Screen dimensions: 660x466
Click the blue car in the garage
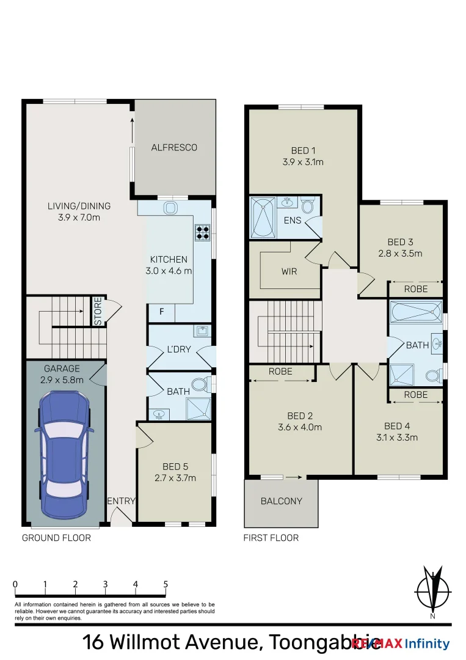[x=65, y=453]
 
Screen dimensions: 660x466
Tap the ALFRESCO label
[x=174, y=147]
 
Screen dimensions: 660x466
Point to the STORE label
[x=98, y=310]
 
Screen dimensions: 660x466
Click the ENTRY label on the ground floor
[x=121, y=501]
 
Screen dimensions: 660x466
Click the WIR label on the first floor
[x=289, y=271]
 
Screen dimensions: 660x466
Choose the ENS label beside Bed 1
[x=293, y=220]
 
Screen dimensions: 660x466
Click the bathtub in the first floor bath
[x=415, y=312]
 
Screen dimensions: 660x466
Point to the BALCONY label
[x=281, y=501]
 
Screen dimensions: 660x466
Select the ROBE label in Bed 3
[x=415, y=289]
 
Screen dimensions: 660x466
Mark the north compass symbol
[x=433, y=591]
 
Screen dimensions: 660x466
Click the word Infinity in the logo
[x=428, y=643]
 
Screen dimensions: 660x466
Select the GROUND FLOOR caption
[x=56, y=538]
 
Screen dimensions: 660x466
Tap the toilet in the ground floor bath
[x=200, y=386]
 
